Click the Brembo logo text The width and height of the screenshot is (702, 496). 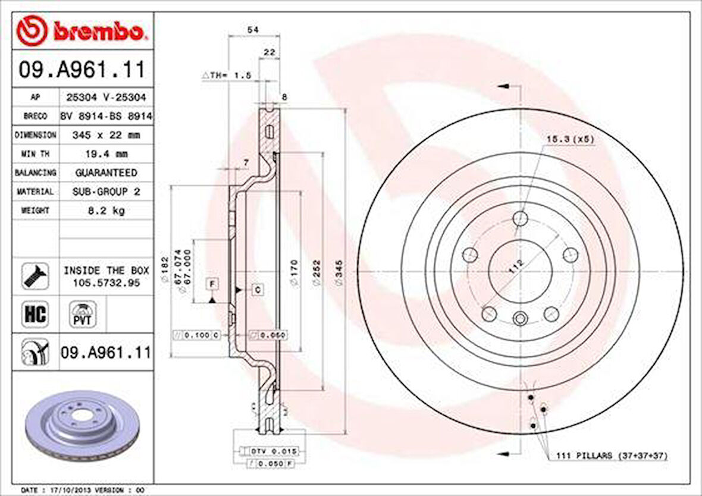tap(98, 31)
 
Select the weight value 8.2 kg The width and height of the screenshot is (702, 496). tap(106, 211)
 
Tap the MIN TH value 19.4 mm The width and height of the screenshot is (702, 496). tap(106, 153)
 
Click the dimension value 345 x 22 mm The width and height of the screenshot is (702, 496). tap(106, 135)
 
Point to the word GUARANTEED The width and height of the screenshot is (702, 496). tap(106, 172)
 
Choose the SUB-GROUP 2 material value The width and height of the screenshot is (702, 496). tap(106, 192)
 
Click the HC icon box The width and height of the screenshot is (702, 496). tap(35, 314)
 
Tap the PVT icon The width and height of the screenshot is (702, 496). tap(82, 314)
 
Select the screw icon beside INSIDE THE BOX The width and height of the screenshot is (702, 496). tap(35, 276)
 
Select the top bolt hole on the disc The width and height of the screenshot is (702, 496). tap(521, 218)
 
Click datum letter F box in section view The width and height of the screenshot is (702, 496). tap(212, 284)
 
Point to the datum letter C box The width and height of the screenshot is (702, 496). tap(258, 290)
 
